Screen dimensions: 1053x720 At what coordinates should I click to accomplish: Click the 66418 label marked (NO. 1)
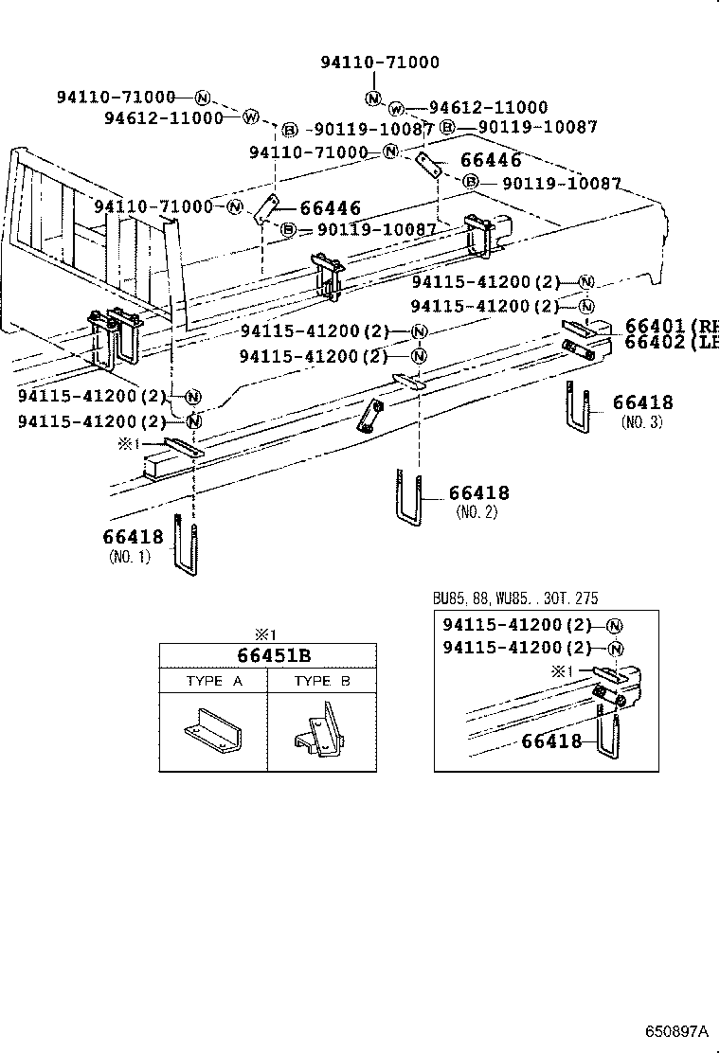[x=133, y=537]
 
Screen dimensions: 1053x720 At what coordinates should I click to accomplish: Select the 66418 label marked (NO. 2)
[x=478, y=492]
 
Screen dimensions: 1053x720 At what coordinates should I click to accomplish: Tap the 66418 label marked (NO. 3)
[x=642, y=403]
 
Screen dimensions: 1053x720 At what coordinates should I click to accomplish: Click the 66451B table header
[x=267, y=656]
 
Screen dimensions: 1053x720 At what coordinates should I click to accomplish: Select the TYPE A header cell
[x=212, y=682]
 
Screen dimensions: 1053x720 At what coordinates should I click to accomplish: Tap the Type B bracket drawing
[x=320, y=732]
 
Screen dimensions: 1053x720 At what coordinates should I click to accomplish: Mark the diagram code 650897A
[x=677, y=1030]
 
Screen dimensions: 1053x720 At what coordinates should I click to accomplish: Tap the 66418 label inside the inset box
[x=551, y=741]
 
